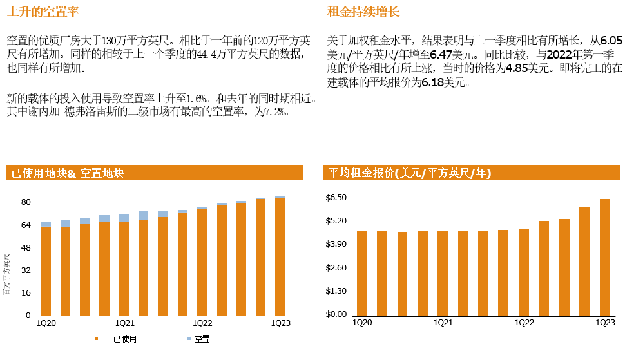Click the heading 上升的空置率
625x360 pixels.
pos(43,12)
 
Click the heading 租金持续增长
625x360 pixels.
pos(363,12)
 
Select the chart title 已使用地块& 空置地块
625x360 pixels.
pos(67,173)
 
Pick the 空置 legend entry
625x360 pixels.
pos(202,339)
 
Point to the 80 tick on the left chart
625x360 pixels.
pos(26,202)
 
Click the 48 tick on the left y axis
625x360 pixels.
pos(26,248)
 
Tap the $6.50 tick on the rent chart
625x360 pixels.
pos(336,198)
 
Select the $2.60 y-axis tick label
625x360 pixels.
pos(336,268)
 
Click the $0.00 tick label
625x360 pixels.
pos(336,314)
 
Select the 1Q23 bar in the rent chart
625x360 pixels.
pos(605,258)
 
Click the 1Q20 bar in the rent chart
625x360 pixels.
pos(361,274)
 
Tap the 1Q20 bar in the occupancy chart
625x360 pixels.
pos(46,270)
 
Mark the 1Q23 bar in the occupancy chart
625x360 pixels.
pos(280,258)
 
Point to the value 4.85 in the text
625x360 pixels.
pos(517,69)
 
